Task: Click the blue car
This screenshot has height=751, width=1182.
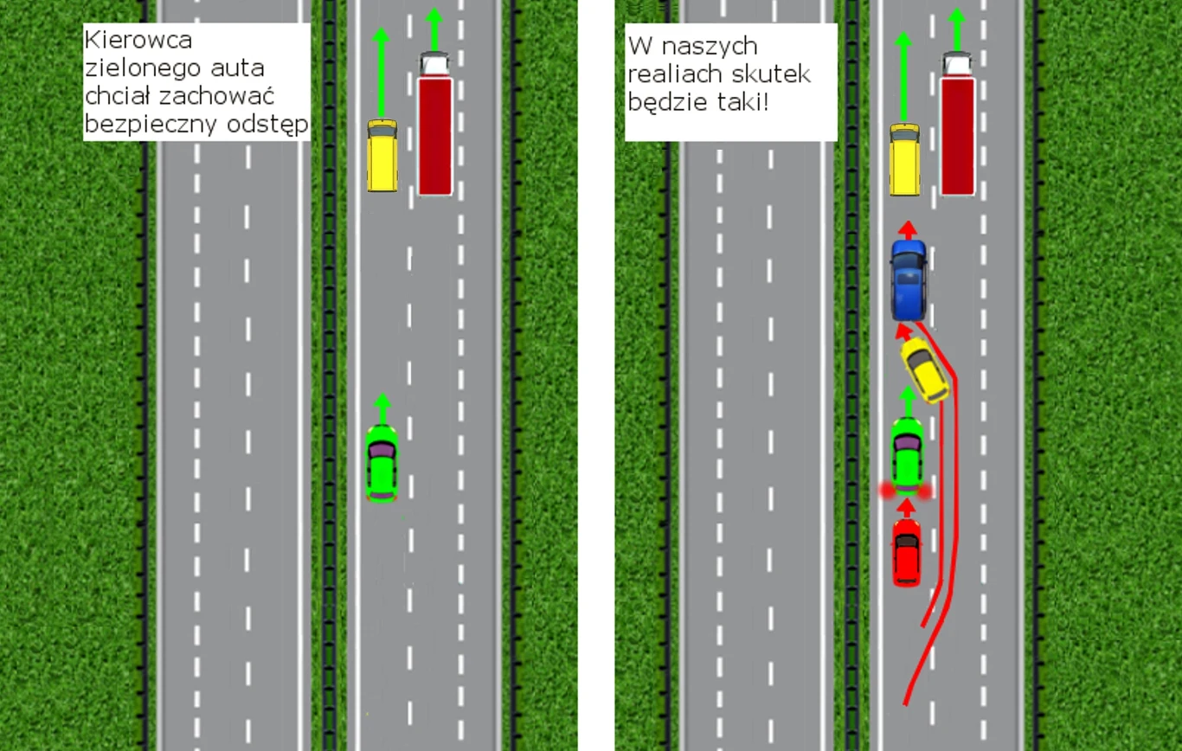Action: pyautogui.click(x=909, y=279)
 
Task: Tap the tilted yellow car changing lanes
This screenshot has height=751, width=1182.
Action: pyautogui.click(x=925, y=369)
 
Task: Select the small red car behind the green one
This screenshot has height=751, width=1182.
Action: pyautogui.click(x=906, y=552)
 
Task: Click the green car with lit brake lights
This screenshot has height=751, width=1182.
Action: pyautogui.click(x=907, y=453)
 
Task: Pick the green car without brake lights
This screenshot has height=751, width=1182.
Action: pyautogui.click(x=382, y=463)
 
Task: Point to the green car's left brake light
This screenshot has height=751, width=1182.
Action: pyautogui.click(x=887, y=491)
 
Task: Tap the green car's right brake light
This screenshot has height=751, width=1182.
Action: pyautogui.click(x=926, y=491)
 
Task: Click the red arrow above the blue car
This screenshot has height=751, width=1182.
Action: pyautogui.click(x=907, y=229)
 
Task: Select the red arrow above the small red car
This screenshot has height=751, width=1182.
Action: pyautogui.click(x=906, y=506)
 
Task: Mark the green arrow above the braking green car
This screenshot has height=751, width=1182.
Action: pyautogui.click(x=907, y=401)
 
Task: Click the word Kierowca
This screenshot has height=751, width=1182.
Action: pyautogui.click(x=138, y=40)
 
